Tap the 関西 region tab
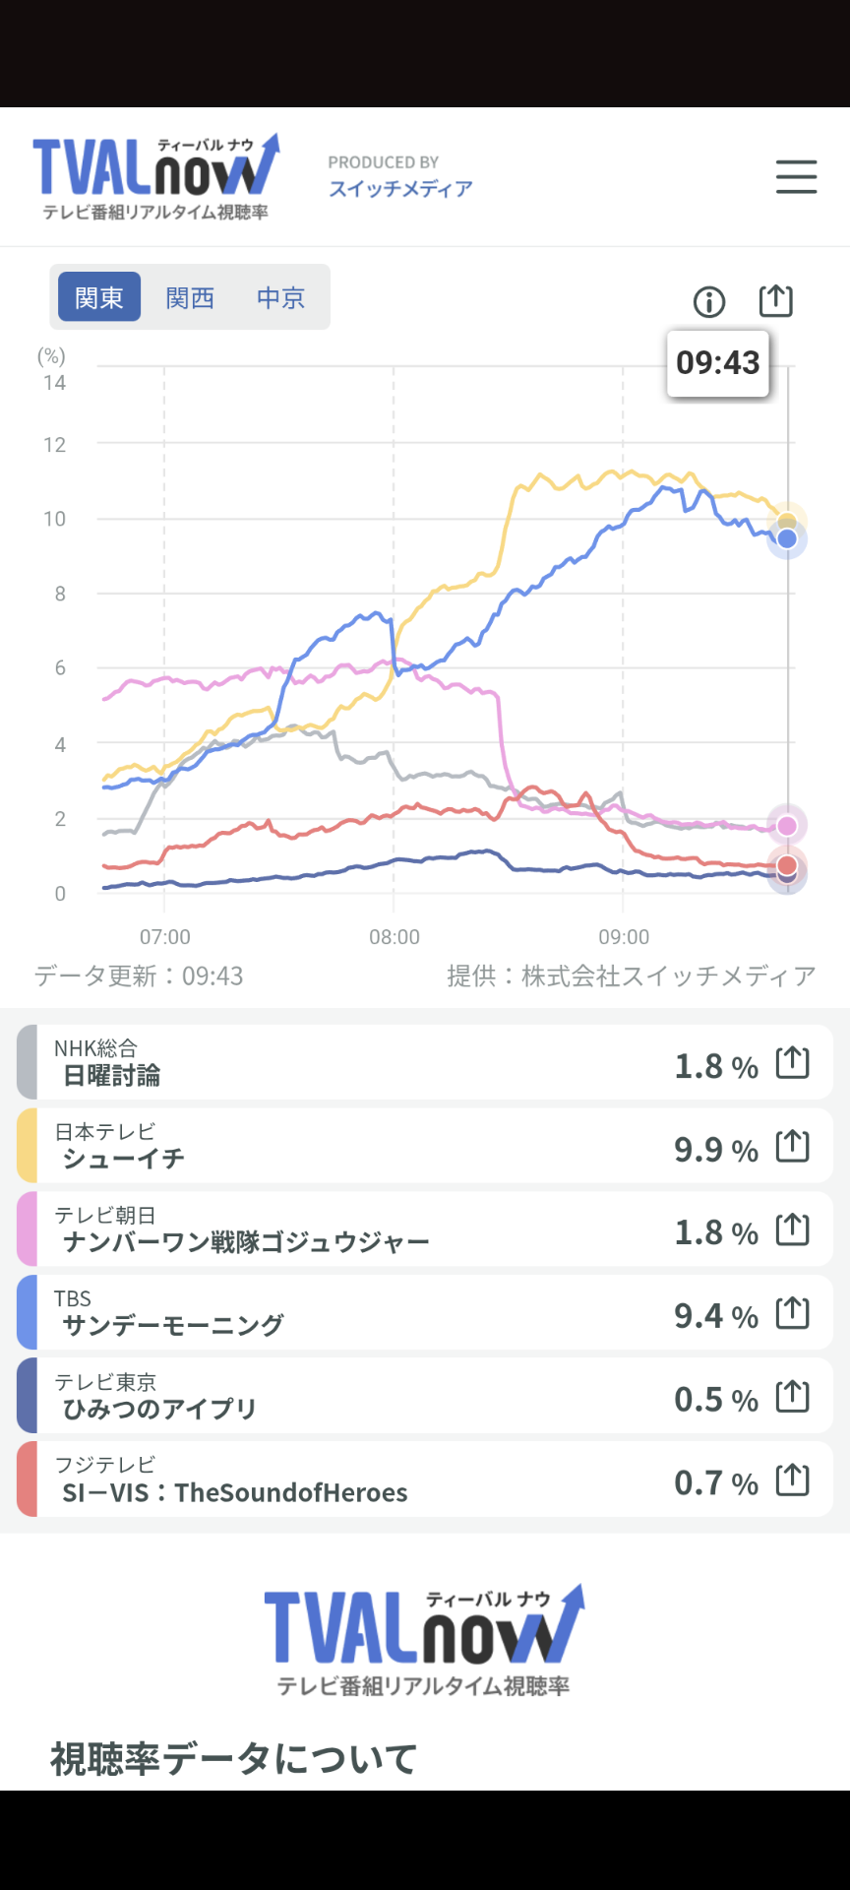pyautogui.click(x=190, y=297)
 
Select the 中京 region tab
pyautogui.click(x=280, y=297)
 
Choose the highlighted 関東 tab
pyautogui.click(x=99, y=297)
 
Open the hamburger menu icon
pyautogui.click(x=796, y=177)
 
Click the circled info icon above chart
pyautogui.click(x=709, y=301)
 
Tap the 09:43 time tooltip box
pyautogui.click(x=718, y=363)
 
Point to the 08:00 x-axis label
pyautogui.click(x=394, y=937)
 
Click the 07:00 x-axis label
pyautogui.click(x=165, y=937)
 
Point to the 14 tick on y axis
pyautogui.click(x=55, y=383)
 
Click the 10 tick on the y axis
pyautogui.click(x=55, y=519)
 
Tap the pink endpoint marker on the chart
pyautogui.click(x=787, y=825)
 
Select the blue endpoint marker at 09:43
pyautogui.click(x=787, y=538)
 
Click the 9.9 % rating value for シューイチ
pyautogui.click(x=715, y=1149)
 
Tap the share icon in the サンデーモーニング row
pyautogui.click(x=793, y=1313)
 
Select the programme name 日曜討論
pyautogui.click(x=111, y=1076)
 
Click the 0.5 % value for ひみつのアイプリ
pyautogui.click(x=715, y=1399)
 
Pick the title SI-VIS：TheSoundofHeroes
pyautogui.click(x=235, y=1493)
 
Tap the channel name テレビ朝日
pyautogui.click(x=105, y=1216)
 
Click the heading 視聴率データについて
pyautogui.click(x=234, y=1758)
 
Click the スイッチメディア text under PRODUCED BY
pyautogui.click(x=400, y=189)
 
